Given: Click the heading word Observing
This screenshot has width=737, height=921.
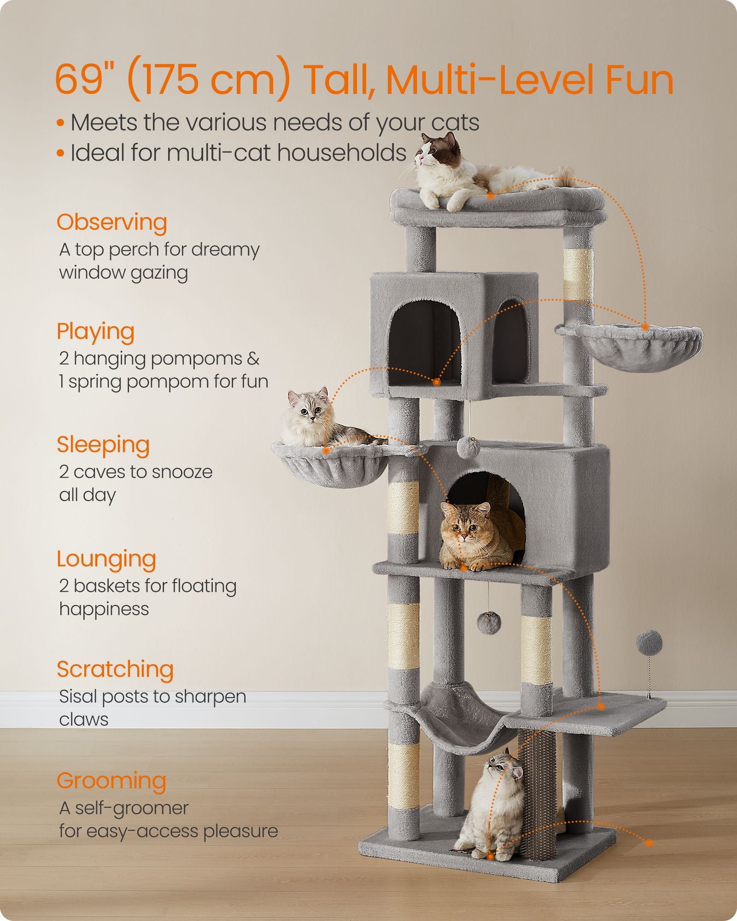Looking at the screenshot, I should pos(111,222).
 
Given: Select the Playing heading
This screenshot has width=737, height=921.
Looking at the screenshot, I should pos(95,332).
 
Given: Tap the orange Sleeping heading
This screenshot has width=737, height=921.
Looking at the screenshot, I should pos(103,445).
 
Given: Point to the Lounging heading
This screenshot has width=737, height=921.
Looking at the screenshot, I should pos(106,559).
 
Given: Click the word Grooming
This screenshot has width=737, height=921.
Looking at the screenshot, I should pos(111,781).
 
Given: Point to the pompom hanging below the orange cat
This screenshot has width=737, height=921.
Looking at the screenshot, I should pos(488,622).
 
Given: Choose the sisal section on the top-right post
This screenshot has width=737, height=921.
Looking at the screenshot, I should pos(578,275).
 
